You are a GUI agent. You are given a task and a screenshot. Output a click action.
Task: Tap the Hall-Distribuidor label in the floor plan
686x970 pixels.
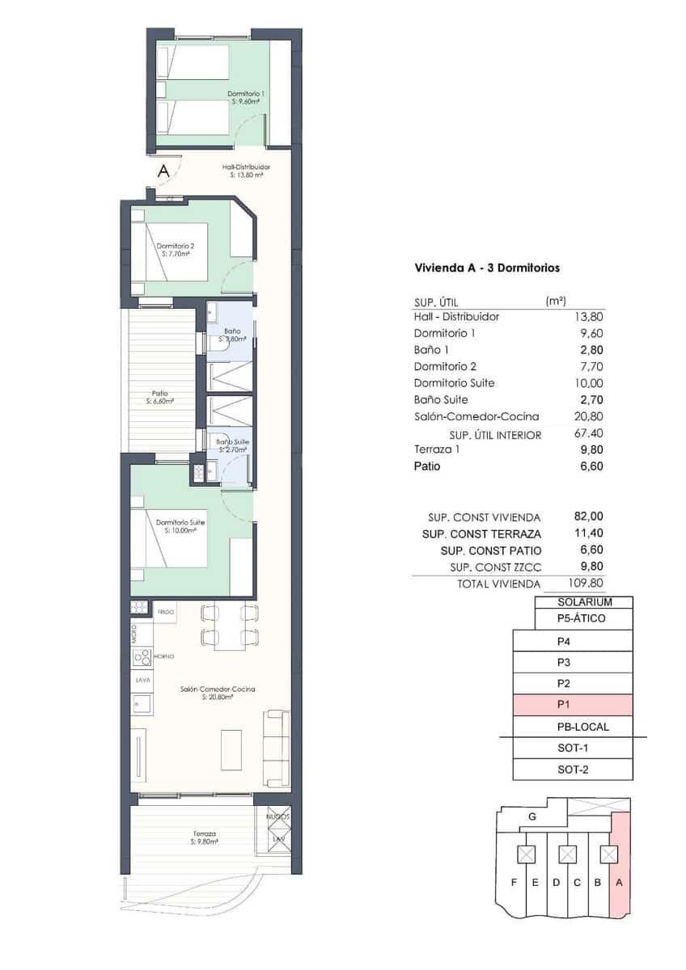tap(246, 171)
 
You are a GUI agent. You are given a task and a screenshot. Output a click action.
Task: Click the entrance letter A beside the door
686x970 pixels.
tap(163, 171)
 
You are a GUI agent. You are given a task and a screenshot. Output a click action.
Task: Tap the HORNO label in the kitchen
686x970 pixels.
tap(164, 656)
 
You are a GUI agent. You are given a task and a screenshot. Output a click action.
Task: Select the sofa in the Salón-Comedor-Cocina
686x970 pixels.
tap(277, 748)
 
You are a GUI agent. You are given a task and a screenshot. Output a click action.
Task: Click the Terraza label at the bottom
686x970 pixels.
tap(204, 837)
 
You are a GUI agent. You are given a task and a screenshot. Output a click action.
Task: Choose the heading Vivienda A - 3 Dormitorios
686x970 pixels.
tap(487, 268)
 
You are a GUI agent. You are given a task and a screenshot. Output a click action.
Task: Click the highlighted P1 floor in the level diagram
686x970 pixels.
tap(573, 705)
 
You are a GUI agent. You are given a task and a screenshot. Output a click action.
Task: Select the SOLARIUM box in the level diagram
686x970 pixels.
tap(584, 602)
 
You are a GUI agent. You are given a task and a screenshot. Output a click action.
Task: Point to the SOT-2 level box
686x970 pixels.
tap(573, 770)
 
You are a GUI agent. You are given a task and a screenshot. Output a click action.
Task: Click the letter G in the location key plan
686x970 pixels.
tap(531, 816)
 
